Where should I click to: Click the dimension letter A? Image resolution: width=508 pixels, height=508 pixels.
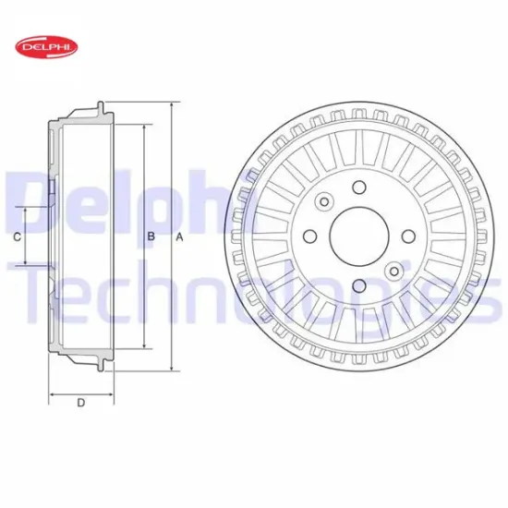click(x=180, y=237)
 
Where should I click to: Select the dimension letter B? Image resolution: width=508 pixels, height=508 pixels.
click(x=151, y=237)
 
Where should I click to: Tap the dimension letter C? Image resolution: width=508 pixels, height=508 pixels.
click(x=18, y=237)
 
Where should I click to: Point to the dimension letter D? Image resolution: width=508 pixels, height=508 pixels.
click(x=80, y=403)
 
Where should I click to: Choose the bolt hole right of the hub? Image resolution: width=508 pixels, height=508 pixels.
click(x=407, y=238)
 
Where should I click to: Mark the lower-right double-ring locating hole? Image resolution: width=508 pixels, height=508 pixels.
click(x=393, y=272)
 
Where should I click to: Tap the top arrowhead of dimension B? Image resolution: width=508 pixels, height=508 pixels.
click(x=143, y=126)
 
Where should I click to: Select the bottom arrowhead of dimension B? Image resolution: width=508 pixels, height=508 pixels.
click(x=143, y=348)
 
